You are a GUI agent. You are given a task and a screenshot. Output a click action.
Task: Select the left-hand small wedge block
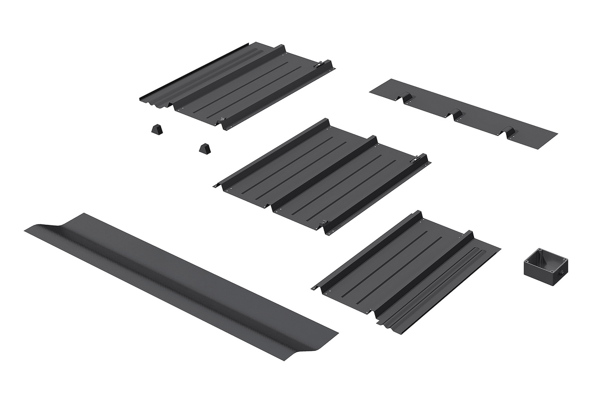click(157, 129)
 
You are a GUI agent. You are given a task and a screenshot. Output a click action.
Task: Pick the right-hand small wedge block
click(204, 149)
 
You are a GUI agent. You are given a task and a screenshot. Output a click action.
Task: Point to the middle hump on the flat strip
click(456, 114)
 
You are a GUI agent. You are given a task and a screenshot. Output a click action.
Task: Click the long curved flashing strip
click(181, 286)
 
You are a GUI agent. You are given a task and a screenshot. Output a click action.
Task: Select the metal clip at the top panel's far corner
click(318, 65)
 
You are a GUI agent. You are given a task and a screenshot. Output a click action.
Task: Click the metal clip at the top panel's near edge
click(221, 120)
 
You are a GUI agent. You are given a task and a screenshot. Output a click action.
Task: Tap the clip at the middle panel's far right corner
click(415, 160)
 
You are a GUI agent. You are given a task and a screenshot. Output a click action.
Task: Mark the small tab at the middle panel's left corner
click(216, 186)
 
